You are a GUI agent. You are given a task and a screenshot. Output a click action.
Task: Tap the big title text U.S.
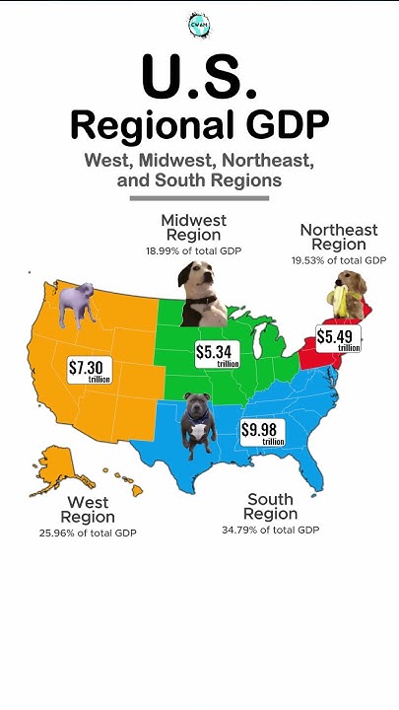(x=199, y=76)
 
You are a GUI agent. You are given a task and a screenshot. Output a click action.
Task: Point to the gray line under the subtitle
(x=199, y=197)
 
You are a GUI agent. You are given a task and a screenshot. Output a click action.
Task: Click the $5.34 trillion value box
(x=217, y=355)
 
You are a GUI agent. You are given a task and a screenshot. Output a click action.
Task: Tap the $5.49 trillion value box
(x=338, y=338)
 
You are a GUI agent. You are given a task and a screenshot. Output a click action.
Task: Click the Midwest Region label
(x=193, y=227)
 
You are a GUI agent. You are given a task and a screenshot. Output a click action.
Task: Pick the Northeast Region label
(x=338, y=237)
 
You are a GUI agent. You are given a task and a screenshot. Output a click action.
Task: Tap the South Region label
(x=271, y=507)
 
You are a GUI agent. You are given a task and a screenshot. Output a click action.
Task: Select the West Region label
(x=88, y=510)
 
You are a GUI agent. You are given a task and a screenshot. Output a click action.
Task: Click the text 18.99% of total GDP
(x=193, y=251)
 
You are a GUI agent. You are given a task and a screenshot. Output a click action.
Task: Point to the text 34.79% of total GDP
(x=271, y=531)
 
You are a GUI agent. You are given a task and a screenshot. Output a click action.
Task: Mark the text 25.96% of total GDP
(x=88, y=532)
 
